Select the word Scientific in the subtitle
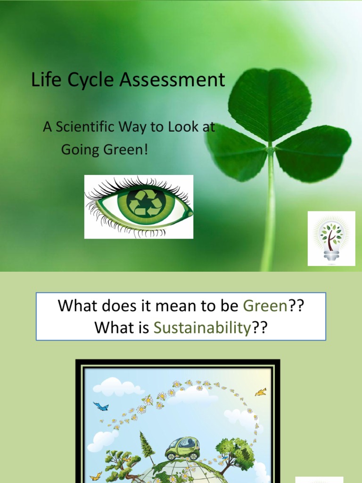point(84,127)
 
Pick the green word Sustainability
point(201,327)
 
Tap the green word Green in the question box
point(265,306)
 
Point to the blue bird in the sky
point(101,406)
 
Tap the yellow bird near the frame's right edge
point(261,392)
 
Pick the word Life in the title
point(43,80)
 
